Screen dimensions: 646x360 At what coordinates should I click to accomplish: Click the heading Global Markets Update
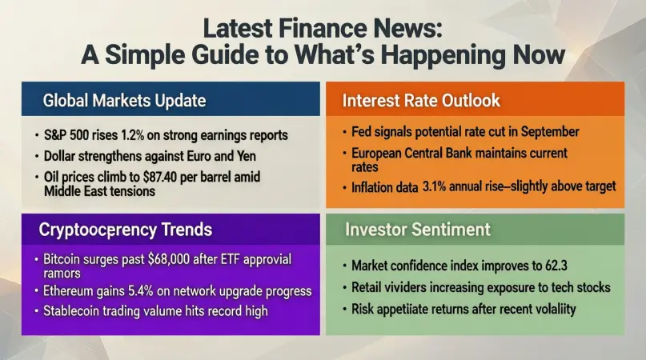click(x=124, y=101)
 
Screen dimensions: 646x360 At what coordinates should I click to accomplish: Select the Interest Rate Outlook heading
click(x=421, y=101)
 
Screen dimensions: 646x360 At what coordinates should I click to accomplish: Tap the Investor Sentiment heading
click(x=418, y=230)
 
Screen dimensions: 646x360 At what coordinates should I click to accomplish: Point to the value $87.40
click(x=160, y=177)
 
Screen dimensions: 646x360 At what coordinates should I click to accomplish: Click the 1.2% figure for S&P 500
click(x=132, y=135)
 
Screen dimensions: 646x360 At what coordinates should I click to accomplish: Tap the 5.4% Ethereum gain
click(x=141, y=291)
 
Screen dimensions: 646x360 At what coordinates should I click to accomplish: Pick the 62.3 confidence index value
click(x=556, y=266)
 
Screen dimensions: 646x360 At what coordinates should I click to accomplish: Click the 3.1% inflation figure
click(x=434, y=186)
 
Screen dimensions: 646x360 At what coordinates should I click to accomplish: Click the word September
click(x=550, y=132)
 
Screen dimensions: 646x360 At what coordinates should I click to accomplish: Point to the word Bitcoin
click(x=62, y=259)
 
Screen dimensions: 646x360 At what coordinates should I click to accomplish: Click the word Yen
click(x=247, y=156)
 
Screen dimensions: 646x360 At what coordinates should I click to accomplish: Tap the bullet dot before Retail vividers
click(x=345, y=287)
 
